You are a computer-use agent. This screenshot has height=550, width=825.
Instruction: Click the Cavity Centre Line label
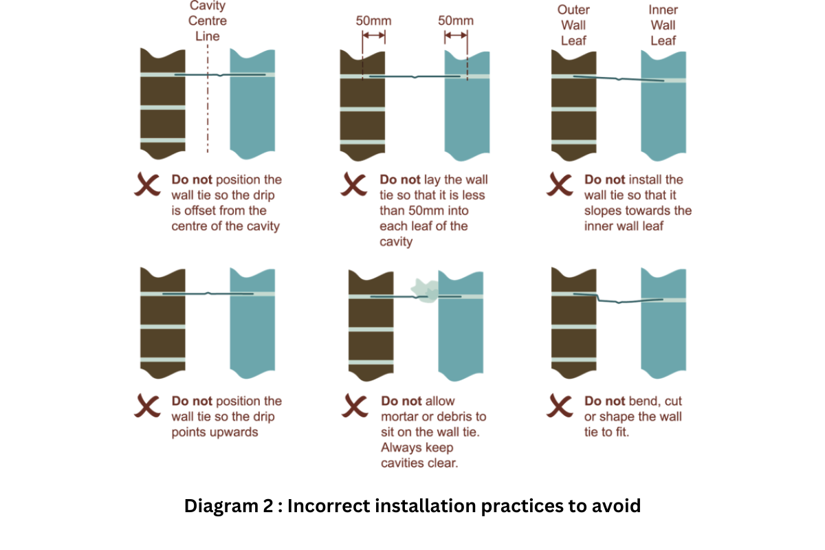(x=208, y=21)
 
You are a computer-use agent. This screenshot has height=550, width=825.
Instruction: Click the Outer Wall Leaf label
(x=574, y=25)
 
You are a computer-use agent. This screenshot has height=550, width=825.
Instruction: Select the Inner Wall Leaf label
(x=663, y=25)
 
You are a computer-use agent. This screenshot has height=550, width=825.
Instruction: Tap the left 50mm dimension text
(x=373, y=21)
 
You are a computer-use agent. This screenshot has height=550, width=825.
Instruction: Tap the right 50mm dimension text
(x=456, y=21)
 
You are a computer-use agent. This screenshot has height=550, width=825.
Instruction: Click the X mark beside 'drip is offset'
(x=147, y=186)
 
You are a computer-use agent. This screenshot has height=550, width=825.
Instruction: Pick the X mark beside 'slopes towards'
(x=560, y=186)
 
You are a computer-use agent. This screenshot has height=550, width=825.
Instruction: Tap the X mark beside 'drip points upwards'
(x=147, y=406)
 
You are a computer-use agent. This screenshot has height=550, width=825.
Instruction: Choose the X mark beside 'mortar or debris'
(x=355, y=406)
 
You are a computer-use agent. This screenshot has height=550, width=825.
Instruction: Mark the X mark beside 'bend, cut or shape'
(x=560, y=406)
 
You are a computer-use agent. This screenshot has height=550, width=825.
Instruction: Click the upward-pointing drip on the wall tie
(x=208, y=293)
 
